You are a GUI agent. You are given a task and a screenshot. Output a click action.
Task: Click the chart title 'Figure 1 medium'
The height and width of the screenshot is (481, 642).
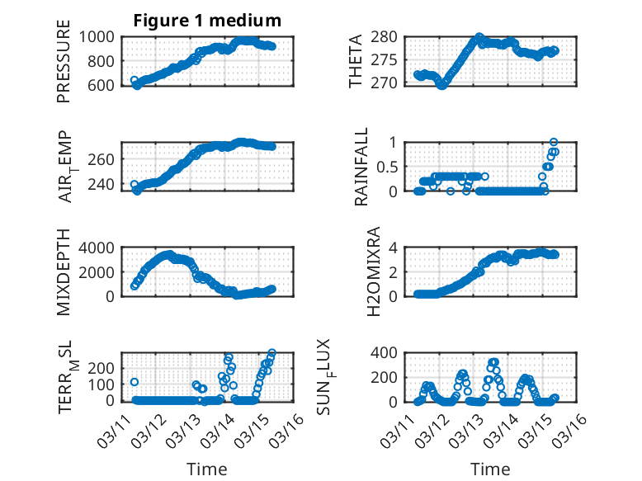207,21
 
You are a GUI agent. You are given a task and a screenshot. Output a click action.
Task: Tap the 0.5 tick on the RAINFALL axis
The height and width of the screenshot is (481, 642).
390,167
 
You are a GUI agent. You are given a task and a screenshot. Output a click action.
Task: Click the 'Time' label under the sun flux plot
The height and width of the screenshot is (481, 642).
489,469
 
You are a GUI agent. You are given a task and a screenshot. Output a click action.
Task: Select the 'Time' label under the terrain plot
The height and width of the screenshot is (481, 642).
206,469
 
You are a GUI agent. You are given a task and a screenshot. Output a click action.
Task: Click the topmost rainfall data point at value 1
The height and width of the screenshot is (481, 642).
553,143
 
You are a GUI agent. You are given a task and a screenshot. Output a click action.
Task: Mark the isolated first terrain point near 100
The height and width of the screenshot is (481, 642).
135,382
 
